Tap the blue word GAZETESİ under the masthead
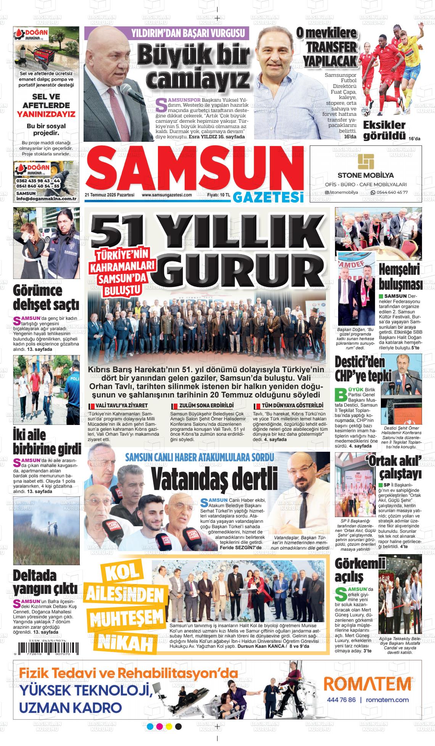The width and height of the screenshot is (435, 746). click(268, 196)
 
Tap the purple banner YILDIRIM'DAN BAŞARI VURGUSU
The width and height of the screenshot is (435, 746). click(188, 33)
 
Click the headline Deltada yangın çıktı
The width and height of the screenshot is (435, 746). click(45, 581)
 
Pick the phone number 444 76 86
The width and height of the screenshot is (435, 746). click(341, 700)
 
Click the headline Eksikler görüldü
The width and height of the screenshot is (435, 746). click(384, 130)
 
